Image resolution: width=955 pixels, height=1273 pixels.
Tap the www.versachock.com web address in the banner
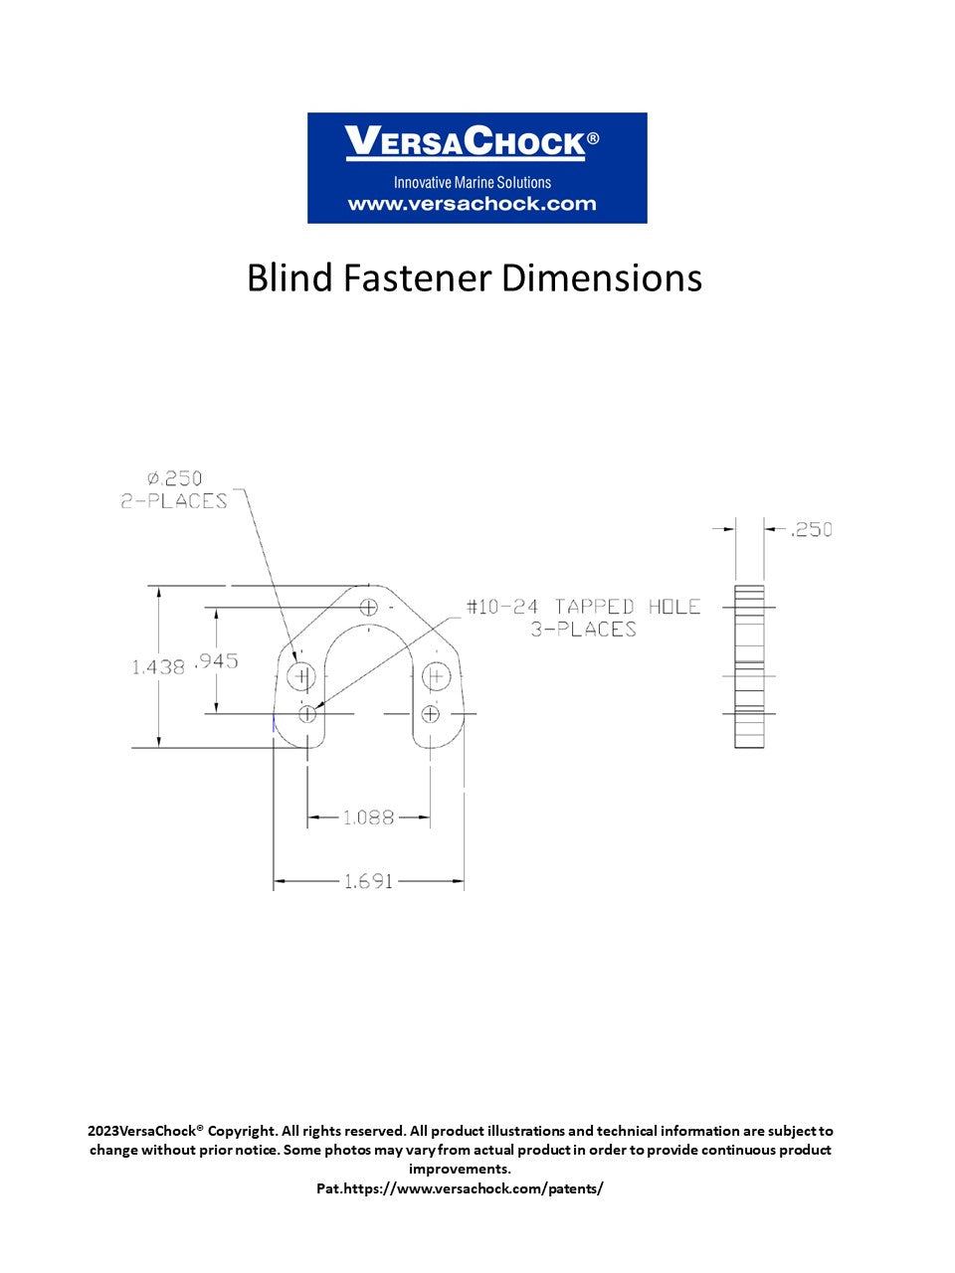(472, 204)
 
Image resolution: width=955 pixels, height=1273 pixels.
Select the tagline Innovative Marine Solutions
(472, 182)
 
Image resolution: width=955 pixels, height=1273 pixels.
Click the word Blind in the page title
(289, 277)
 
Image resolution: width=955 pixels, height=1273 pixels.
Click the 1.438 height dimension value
(158, 667)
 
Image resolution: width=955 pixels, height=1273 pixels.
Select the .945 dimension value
(217, 660)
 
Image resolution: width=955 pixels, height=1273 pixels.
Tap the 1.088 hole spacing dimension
(369, 818)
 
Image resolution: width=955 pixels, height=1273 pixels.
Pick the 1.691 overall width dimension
(369, 881)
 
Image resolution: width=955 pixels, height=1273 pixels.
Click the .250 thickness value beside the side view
(811, 529)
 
